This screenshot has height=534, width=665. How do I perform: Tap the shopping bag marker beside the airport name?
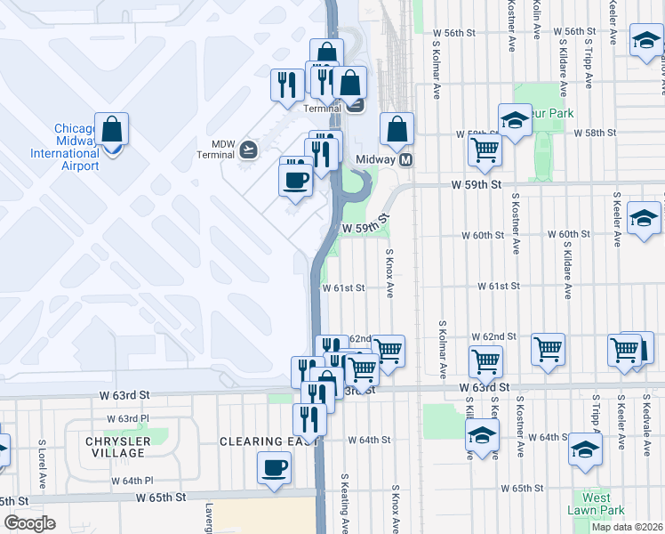point(112,131)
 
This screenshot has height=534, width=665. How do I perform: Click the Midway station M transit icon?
point(406,160)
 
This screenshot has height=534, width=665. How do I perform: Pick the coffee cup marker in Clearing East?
point(274,467)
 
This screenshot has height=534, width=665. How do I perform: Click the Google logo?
point(29,523)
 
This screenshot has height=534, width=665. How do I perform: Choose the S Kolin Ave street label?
point(537,20)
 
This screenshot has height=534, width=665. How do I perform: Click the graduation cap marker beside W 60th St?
point(644,218)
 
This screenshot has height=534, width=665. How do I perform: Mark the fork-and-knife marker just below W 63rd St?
point(309,418)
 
